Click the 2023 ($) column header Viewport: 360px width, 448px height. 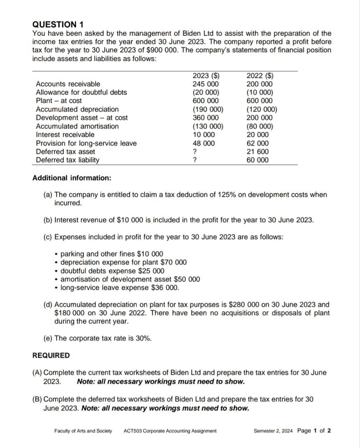point(206,76)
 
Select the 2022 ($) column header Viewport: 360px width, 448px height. point(260,76)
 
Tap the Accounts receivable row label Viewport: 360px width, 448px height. point(68,84)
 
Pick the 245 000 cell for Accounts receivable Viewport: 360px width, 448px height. point(206,84)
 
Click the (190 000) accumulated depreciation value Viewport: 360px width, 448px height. point(208,109)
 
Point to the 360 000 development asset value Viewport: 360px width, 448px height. point(206,118)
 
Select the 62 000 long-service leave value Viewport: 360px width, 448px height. point(258,143)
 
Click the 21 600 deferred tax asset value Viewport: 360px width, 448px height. point(258,152)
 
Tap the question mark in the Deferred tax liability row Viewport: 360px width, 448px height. point(195,160)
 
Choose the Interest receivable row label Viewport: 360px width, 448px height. point(65,135)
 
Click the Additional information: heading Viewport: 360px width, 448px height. point(72,178)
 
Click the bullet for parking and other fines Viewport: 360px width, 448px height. point(57,254)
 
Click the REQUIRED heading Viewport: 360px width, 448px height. point(51,356)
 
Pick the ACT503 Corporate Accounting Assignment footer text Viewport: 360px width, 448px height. point(170,431)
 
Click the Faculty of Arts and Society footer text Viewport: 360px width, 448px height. point(83,431)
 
